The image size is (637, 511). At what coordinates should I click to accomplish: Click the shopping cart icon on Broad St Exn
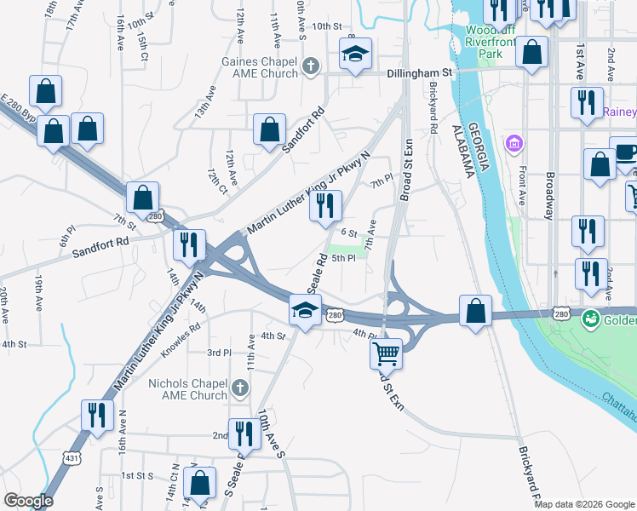coord(386,352)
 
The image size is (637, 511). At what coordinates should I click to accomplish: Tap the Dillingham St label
coord(421,74)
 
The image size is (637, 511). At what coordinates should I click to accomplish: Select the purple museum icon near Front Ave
coord(514,141)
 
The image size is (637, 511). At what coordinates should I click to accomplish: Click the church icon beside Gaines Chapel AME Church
coord(312,65)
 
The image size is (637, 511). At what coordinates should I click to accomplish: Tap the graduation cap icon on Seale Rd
coord(304,310)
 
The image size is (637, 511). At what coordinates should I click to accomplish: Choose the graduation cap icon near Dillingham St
coord(355,55)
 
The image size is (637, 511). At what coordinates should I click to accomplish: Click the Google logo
coord(28,501)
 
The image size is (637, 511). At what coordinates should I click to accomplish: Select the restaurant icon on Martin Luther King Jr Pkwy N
coord(324,206)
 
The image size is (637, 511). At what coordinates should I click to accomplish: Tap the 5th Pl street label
coord(343,258)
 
